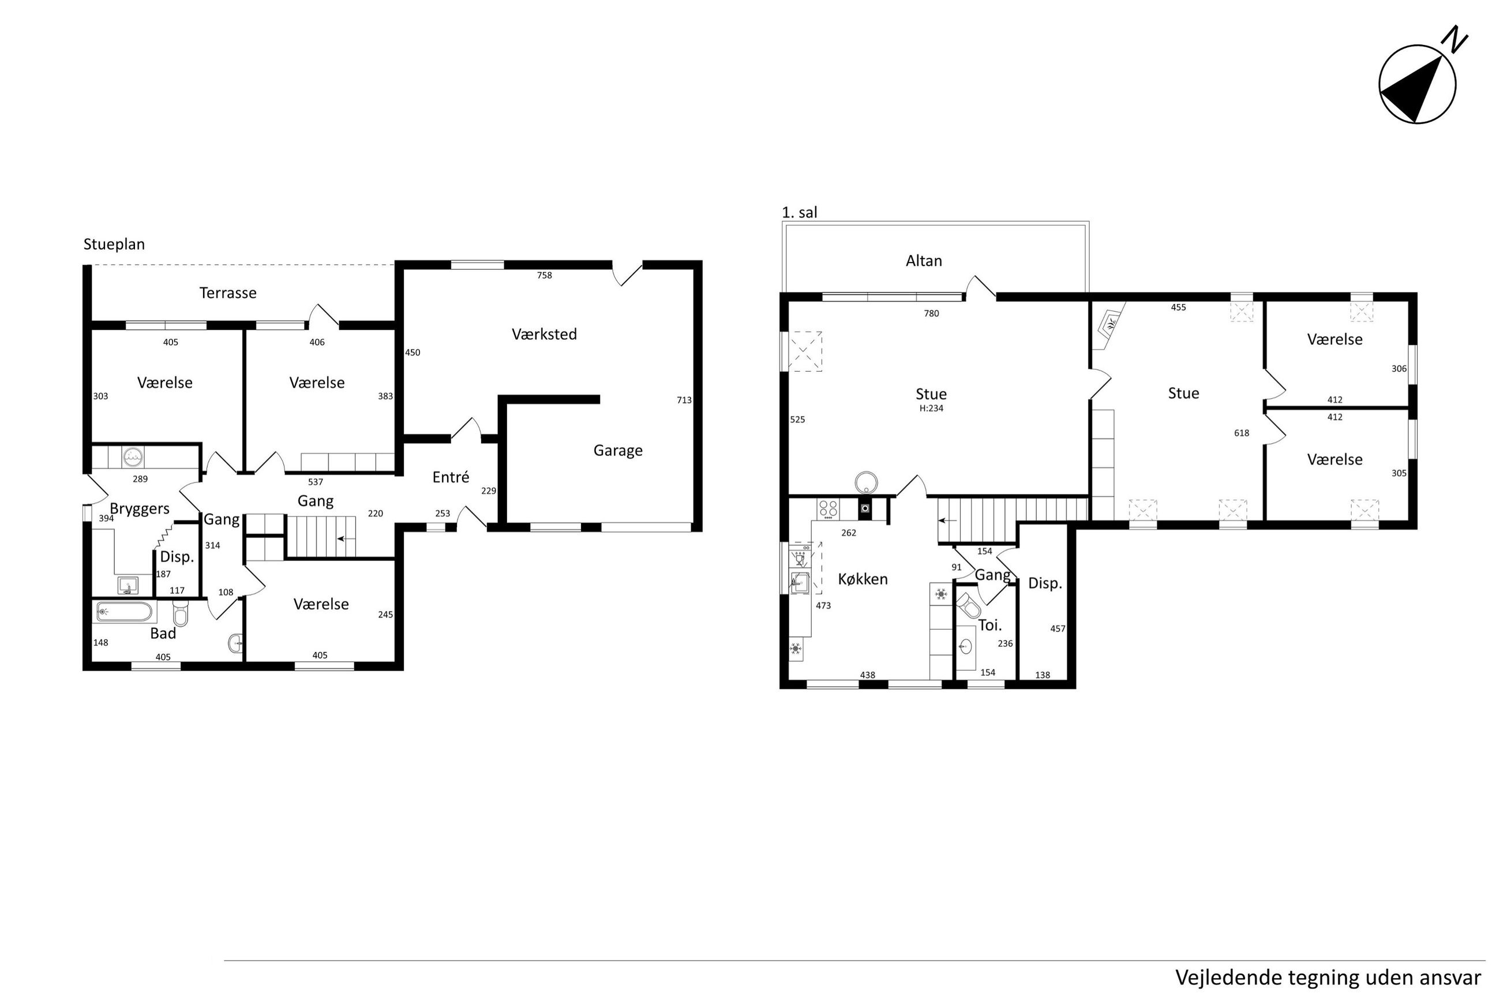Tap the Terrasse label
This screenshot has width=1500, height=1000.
point(227,293)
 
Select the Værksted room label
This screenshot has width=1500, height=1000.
point(544,334)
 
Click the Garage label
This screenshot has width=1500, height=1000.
point(618,451)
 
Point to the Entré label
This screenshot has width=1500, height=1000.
point(451,477)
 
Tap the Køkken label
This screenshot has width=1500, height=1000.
point(862,579)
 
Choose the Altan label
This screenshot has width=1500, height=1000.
point(924,260)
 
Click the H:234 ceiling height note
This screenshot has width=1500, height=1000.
point(931,408)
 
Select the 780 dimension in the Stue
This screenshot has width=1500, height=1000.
point(931,313)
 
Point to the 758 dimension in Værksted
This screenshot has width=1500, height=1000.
point(545,275)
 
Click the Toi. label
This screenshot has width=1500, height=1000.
point(990,626)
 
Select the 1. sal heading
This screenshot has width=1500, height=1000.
point(800,212)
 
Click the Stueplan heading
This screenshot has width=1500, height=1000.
point(114,244)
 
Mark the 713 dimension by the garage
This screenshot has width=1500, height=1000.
point(684,400)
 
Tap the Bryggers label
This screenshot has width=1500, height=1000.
point(140,509)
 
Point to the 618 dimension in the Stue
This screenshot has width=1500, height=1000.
point(1242,433)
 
